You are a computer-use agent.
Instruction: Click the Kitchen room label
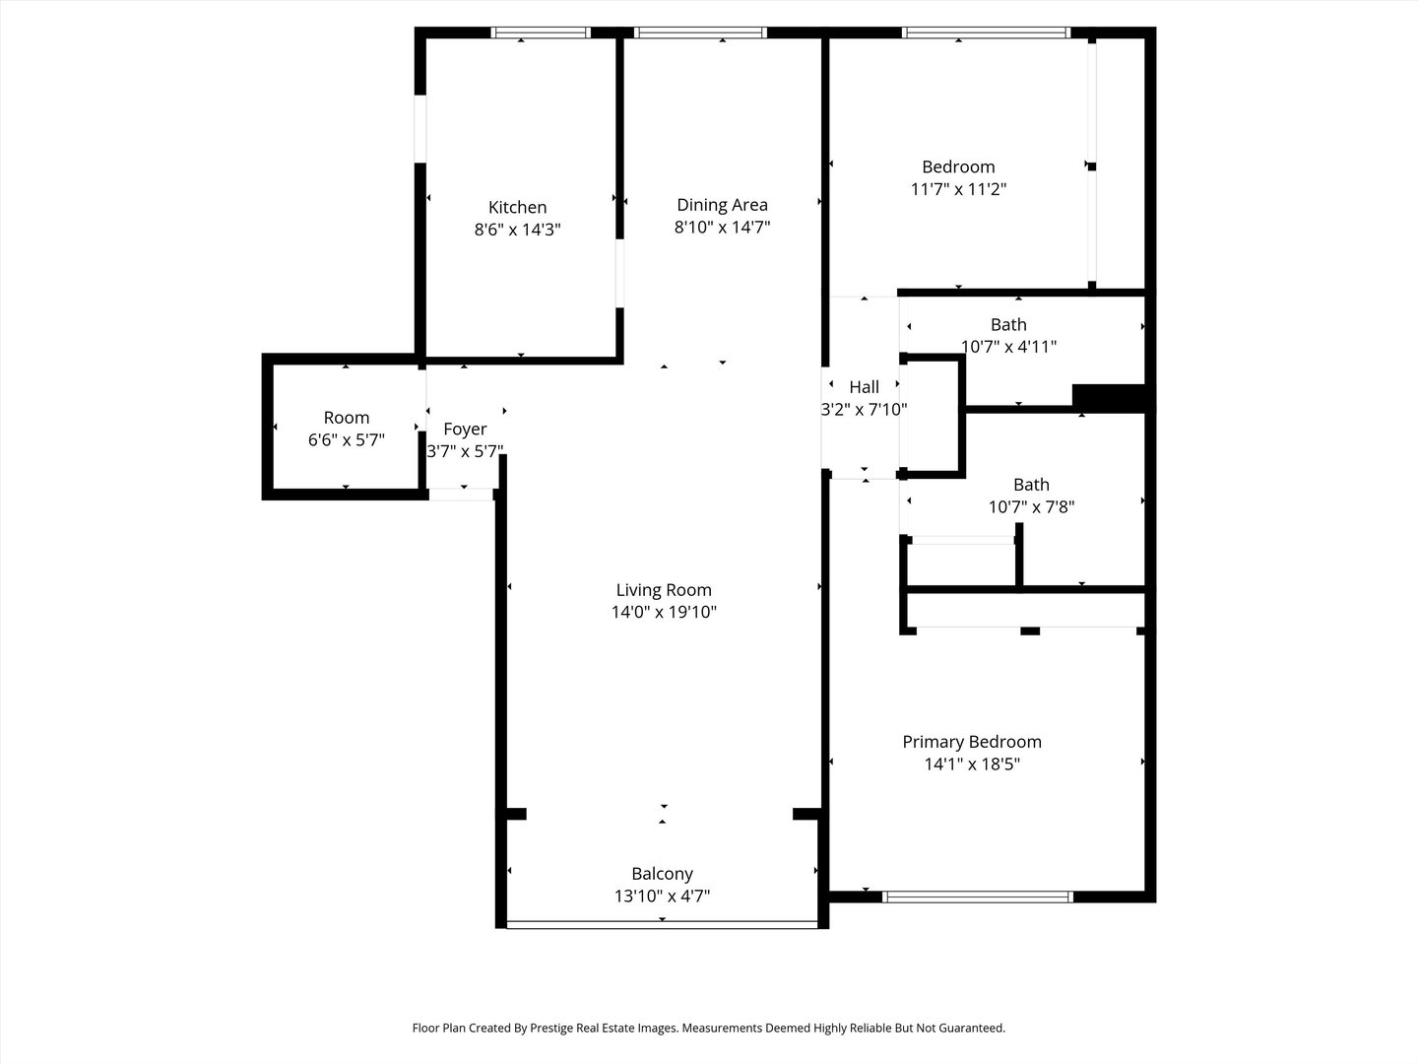517,207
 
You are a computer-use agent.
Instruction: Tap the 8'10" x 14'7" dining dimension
722,228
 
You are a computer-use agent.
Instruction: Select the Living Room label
664,590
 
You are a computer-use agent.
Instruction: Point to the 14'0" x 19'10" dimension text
664,613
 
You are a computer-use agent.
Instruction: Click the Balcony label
662,874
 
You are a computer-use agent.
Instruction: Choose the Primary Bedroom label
972,742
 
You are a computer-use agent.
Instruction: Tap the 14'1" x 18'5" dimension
972,765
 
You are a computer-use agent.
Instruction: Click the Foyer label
465,430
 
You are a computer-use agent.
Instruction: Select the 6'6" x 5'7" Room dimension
346,440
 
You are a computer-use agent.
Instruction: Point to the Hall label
864,387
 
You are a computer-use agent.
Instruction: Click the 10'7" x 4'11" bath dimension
1008,347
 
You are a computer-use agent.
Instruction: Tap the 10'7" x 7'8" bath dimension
1031,507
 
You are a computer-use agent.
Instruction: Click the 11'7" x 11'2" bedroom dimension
958,189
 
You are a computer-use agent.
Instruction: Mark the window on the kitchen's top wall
541,33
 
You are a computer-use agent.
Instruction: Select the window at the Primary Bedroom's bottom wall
978,897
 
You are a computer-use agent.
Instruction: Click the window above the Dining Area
700,33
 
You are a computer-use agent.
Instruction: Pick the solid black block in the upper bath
1108,397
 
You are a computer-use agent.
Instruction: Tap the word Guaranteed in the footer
970,1028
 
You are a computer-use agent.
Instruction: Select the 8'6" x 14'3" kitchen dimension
517,230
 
